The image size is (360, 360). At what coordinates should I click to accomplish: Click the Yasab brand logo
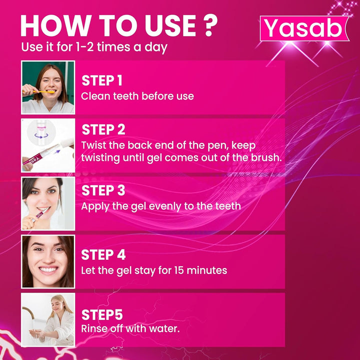pyautogui.click(x=304, y=28)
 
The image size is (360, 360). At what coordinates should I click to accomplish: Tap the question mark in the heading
pyautogui.click(x=210, y=25)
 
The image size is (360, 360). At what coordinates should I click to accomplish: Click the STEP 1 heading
pyautogui.click(x=102, y=80)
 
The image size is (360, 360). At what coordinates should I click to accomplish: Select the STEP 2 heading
pyautogui.click(x=103, y=129)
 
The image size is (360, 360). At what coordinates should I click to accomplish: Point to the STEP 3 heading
pyautogui.click(x=103, y=190)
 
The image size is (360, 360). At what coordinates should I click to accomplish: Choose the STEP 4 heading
pyautogui.click(x=103, y=254)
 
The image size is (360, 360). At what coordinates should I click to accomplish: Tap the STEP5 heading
pyautogui.click(x=102, y=314)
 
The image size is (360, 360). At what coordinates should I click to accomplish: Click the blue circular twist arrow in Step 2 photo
pyautogui.click(x=41, y=135)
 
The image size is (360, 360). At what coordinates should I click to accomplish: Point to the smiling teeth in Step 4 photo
pyautogui.click(x=48, y=269)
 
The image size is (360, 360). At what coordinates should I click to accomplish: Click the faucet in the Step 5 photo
pyautogui.click(x=28, y=313)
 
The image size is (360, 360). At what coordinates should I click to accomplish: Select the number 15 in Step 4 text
pyautogui.click(x=178, y=270)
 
